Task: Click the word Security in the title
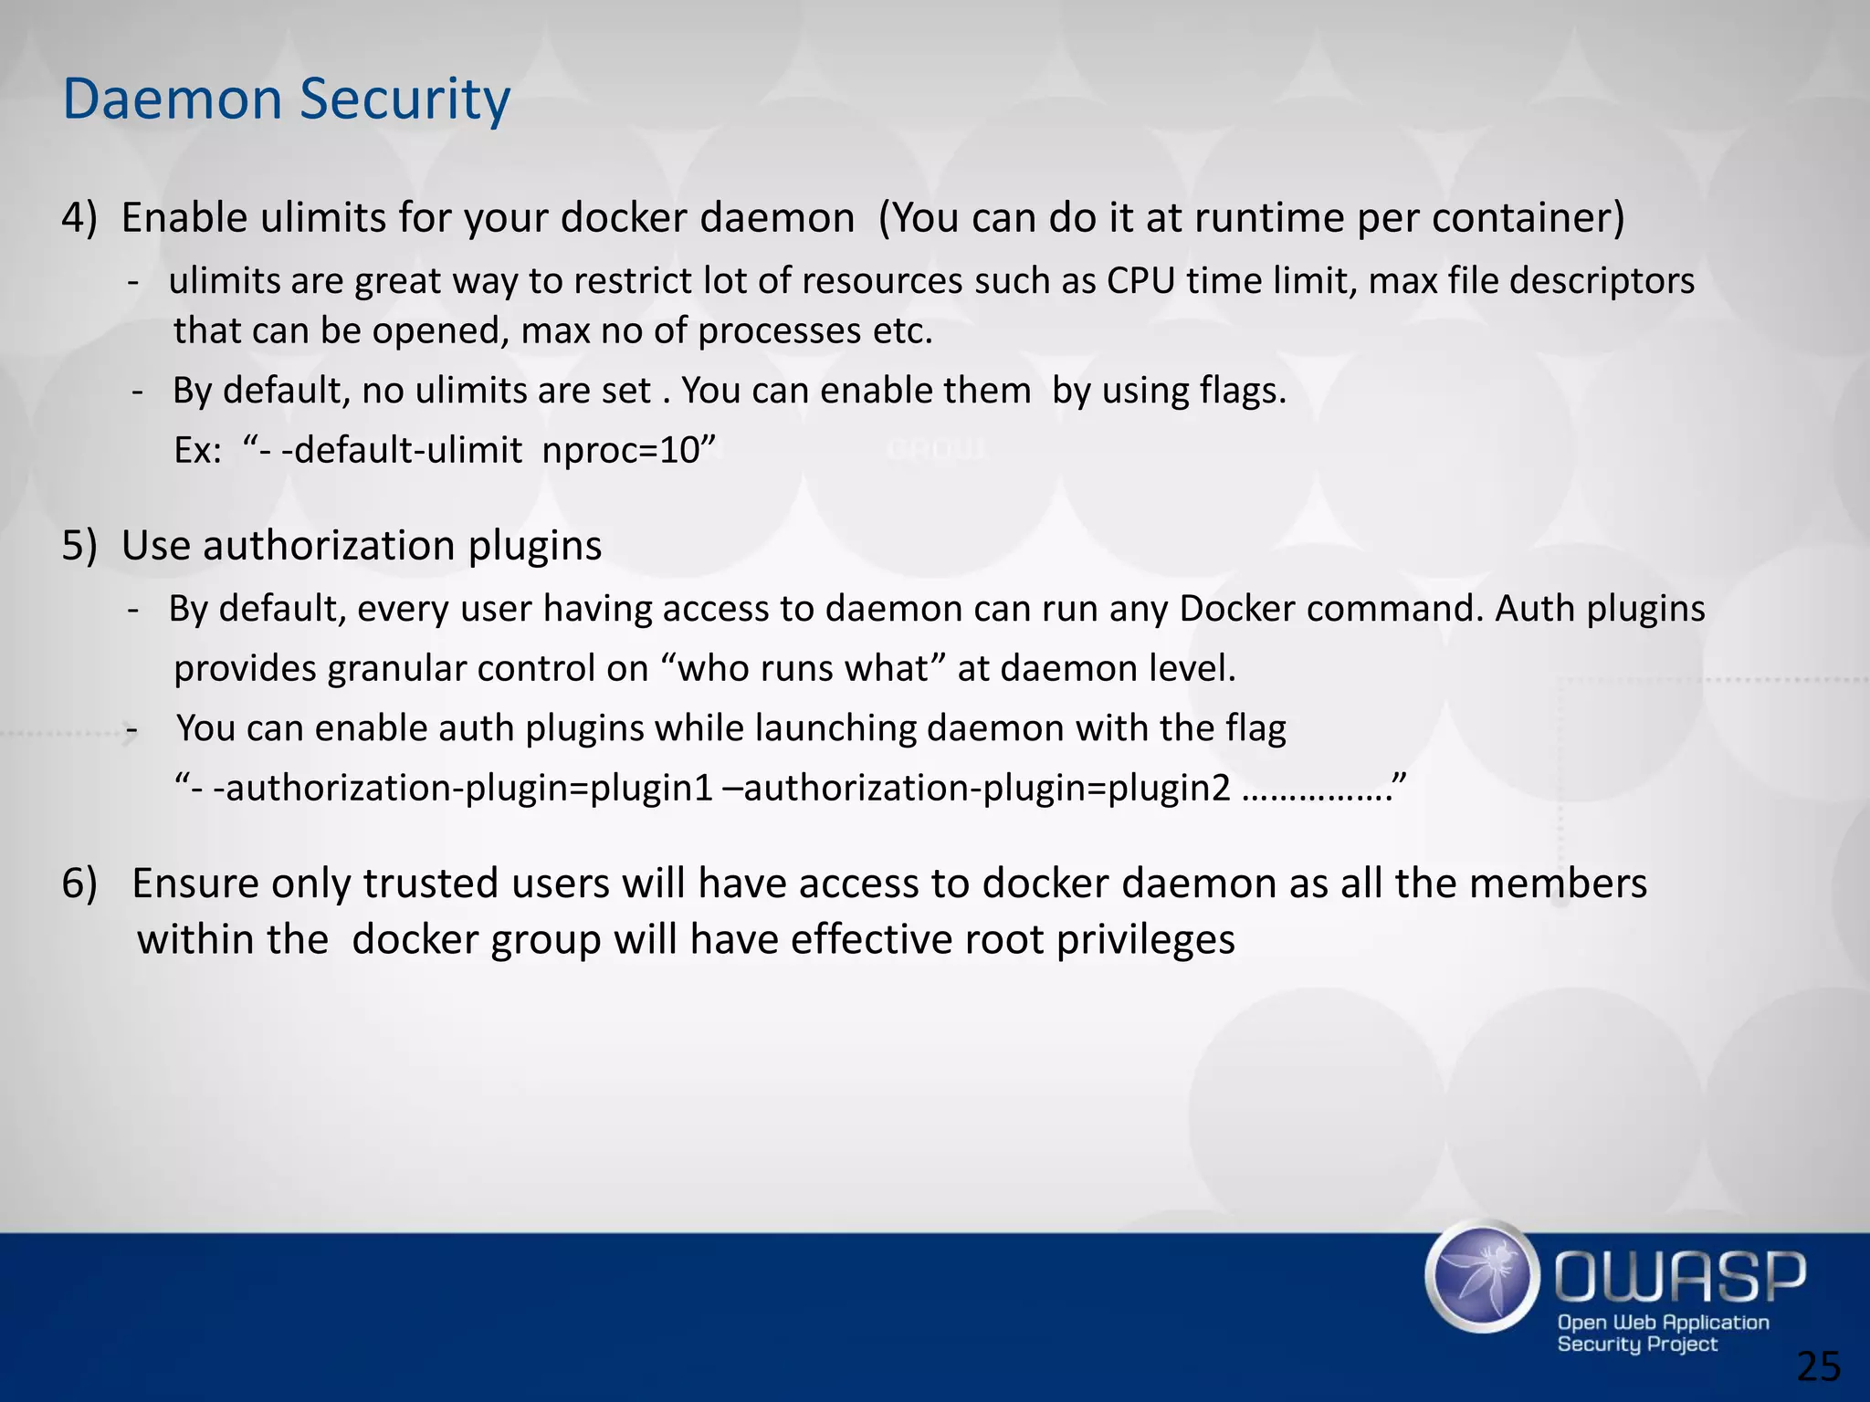click(x=404, y=100)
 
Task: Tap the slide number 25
click(x=1818, y=1367)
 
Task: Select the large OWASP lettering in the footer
click(x=1679, y=1276)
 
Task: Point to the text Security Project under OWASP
click(x=1637, y=1344)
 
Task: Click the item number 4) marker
click(x=79, y=218)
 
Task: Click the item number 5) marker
click(x=79, y=546)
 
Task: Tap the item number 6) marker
click(x=79, y=884)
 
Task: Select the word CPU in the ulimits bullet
click(x=1140, y=281)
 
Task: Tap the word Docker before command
click(x=1236, y=609)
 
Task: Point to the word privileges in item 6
click(x=1145, y=940)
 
